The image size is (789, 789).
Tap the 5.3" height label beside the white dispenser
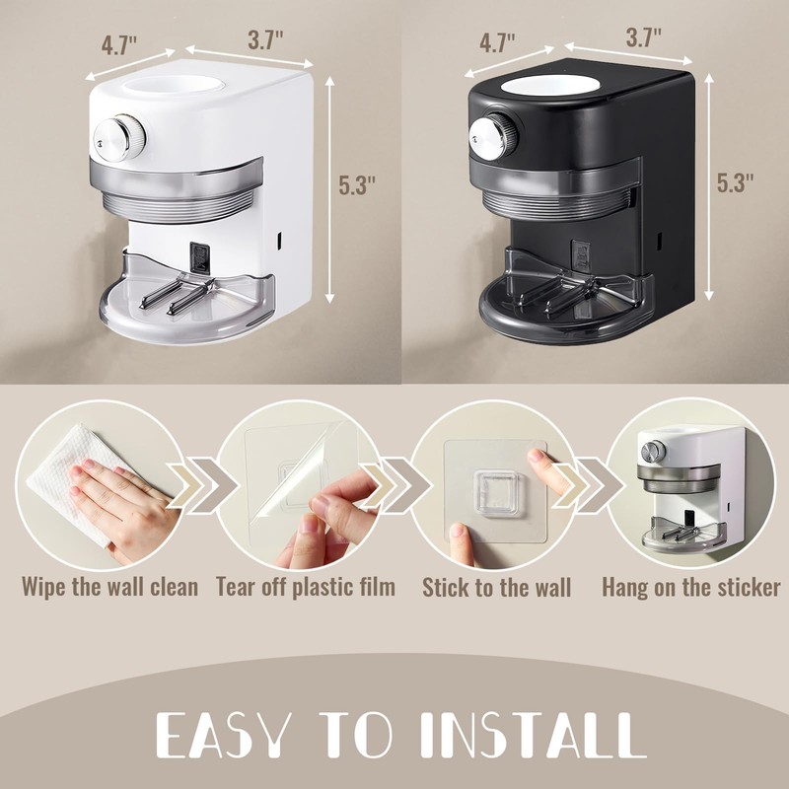tap(356, 184)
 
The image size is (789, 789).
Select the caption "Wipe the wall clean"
tap(110, 587)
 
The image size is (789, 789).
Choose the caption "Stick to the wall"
tap(497, 588)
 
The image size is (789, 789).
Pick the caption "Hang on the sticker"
tap(691, 588)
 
